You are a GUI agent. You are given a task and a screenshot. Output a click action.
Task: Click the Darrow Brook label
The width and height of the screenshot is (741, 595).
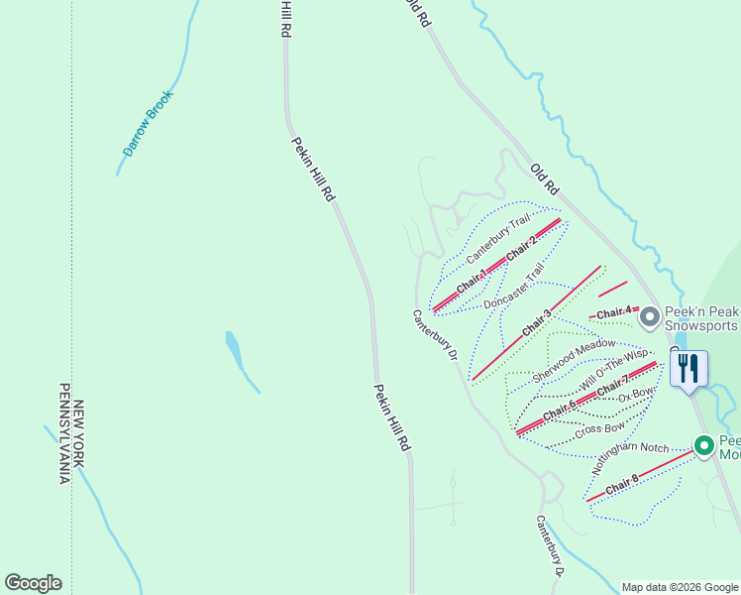click(x=148, y=124)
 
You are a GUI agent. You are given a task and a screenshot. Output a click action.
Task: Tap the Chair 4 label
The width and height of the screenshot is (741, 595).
click(x=614, y=313)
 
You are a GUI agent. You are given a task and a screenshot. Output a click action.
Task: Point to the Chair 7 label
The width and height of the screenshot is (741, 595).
click(x=613, y=384)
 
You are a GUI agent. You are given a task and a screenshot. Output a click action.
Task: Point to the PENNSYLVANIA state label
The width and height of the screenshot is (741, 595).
click(x=62, y=433)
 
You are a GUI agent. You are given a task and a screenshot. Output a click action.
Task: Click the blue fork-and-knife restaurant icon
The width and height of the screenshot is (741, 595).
click(x=688, y=369)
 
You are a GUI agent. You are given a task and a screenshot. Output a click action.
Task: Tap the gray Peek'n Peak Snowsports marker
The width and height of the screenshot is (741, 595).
click(x=650, y=317)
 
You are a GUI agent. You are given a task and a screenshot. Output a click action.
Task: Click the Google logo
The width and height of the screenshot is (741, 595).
click(x=33, y=583)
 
